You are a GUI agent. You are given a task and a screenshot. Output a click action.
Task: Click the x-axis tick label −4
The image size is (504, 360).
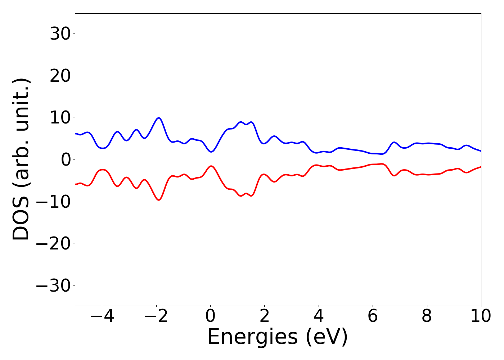pos(102,316)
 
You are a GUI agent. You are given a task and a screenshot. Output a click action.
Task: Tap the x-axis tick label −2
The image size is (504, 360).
pos(156,316)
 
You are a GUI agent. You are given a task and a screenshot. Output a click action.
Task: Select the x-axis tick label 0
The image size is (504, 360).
pos(210,316)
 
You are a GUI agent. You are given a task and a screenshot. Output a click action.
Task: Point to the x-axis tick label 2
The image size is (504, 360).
pos(265,316)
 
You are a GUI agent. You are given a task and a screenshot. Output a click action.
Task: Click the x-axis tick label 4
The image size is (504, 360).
pos(319,316)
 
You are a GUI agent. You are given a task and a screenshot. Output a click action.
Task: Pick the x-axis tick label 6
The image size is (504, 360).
pos(373,316)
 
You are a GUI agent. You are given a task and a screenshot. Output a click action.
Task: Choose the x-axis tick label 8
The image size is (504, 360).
pos(427,316)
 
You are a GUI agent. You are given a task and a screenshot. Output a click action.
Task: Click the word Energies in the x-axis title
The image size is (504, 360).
pos(252,337)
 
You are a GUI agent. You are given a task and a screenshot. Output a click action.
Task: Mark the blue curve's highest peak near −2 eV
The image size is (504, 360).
pos(158,118)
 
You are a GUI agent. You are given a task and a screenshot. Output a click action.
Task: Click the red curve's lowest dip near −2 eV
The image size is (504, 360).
pos(158,200)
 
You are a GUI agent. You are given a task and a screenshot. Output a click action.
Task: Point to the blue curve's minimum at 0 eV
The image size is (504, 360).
pos(211,152)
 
